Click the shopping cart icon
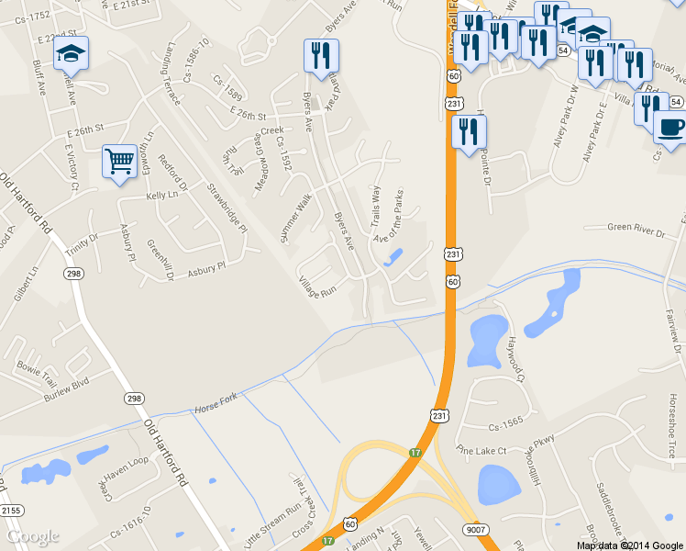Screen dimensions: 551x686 [x=120, y=162]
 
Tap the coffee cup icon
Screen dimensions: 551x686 [x=670, y=127]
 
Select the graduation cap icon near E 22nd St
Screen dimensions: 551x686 [x=71, y=54]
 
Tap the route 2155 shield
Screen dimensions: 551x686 [x=10, y=510]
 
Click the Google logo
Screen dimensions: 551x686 [x=33, y=536]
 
